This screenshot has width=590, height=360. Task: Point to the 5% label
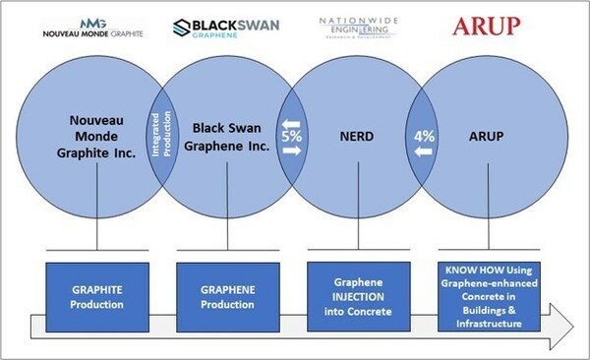[291, 137]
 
